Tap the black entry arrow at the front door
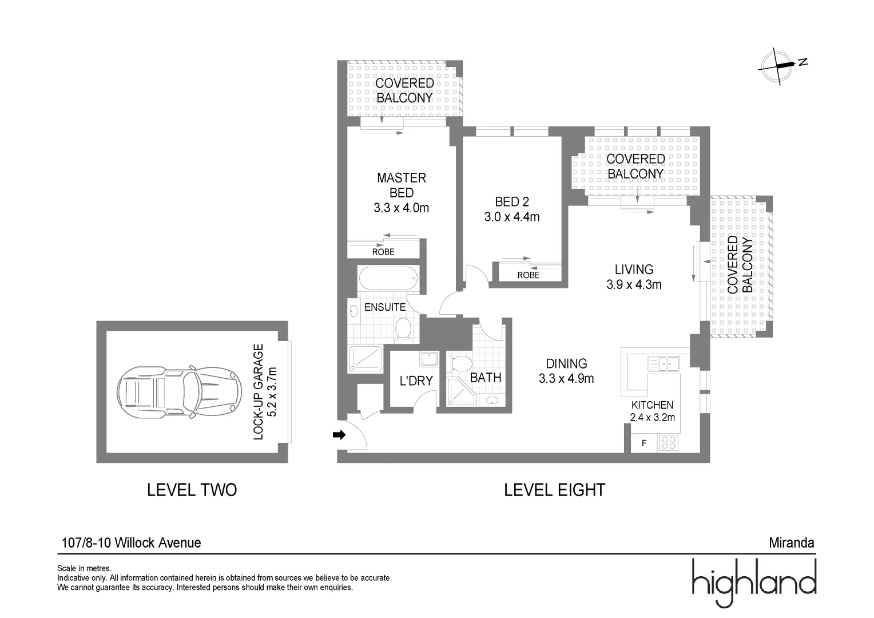tap(339, 434)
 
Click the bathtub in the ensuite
tap(388, 278)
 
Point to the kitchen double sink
tap(664, 363)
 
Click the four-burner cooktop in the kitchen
tap(669, 443)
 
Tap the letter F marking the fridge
tap(644, 443)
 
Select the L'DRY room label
tap(416, 381)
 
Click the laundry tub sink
tap(429, 358)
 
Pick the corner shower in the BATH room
tap(460, 391)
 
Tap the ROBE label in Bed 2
tap(529, 275)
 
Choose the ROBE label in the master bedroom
tap(383, 252)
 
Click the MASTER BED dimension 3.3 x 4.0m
tap(401, 208)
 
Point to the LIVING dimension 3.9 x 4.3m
tap(634, 284)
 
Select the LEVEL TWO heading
tap(192, 490)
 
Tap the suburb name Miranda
tap(792, 542)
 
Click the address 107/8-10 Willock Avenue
tap(132, 542)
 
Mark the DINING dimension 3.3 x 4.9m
tap(566, 378)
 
